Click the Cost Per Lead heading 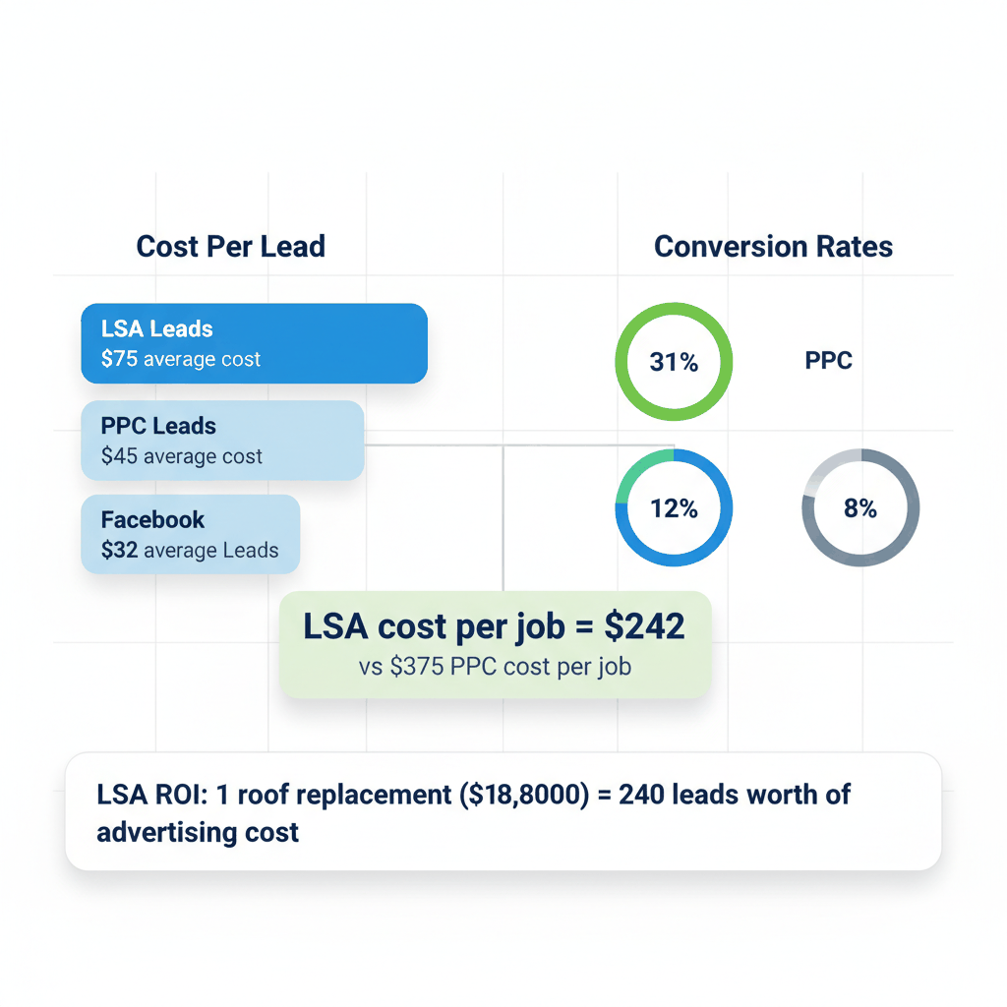pos(230,246)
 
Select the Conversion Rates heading pos(773,246)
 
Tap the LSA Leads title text pos(156,329)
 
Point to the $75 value pos(119,359)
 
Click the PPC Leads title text pos(158,427)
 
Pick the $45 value pos(119,456)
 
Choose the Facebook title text pos(152,519)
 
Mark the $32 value pos(119,551)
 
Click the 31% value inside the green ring pos(674,363)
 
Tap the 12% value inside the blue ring pos(674,508)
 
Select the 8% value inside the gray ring pos(860,508)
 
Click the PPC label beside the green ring pos(828,361)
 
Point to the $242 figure pos(644,626)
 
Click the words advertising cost pos(198,832)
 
